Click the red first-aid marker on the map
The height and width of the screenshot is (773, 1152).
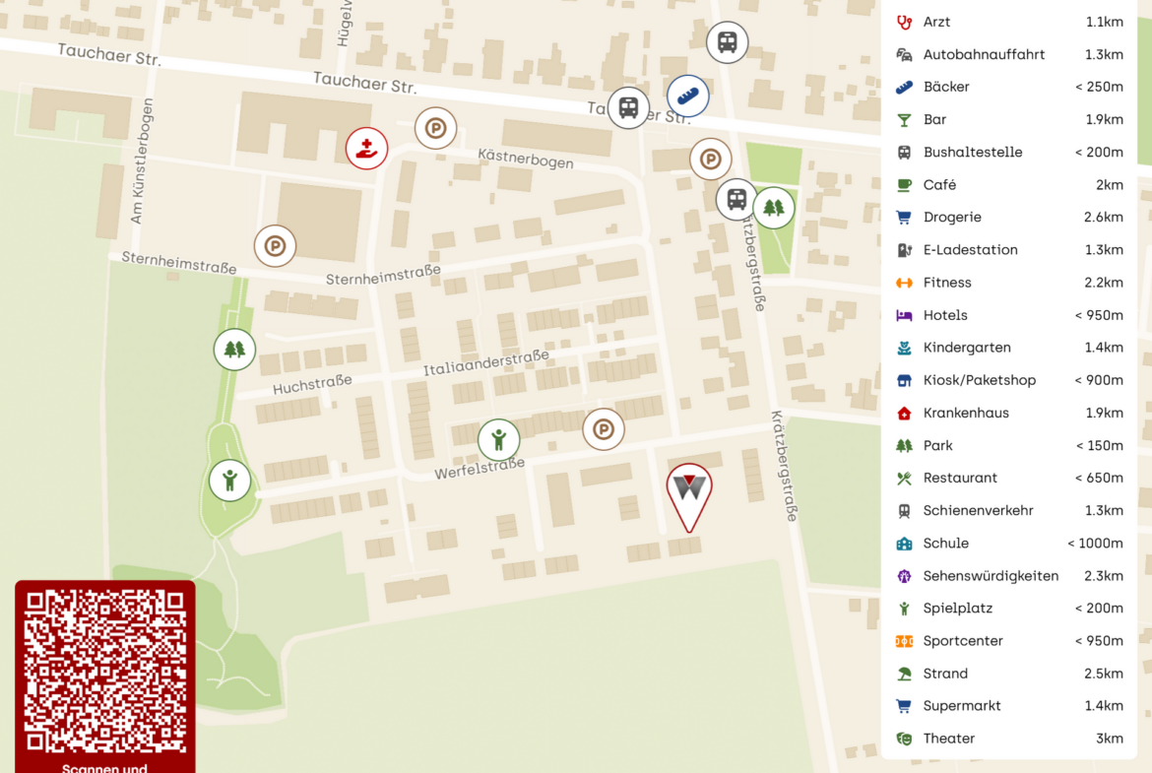pyautogui.click(x=366, y=149)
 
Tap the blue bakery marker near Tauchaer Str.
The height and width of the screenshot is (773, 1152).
pyautogui.click(x=687, y=96)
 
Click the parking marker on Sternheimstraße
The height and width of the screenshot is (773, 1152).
pyautogui.click(x=275, y=246)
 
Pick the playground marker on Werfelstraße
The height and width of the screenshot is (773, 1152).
pyautogui.click(x=499, y=439)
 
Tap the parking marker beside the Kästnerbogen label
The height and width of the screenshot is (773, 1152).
pyautogui.click(x=435, y=128)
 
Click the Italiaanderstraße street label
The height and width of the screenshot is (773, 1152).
pyautogui.click(x=485, y=362)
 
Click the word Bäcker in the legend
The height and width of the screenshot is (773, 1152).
pyautogui.click(x=946, y=87)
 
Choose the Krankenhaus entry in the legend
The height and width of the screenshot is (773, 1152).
pyautogui.click(x=966, y=413)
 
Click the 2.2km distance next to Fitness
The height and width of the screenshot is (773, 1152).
pyautogui.click(x=1104, y=283)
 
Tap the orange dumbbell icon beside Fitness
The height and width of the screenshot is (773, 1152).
pyautogui.click(x=904, y=283)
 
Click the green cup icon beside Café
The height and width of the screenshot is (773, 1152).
pyautogui.click(x=904, y=185)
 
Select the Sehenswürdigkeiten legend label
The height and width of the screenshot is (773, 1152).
pyautogui.click(x=991, y=576)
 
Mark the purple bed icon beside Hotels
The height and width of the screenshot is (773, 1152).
pyautogui.click(x=904, y=315)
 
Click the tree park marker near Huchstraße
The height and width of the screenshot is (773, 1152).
pyautogui.click(x=234, y=349)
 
